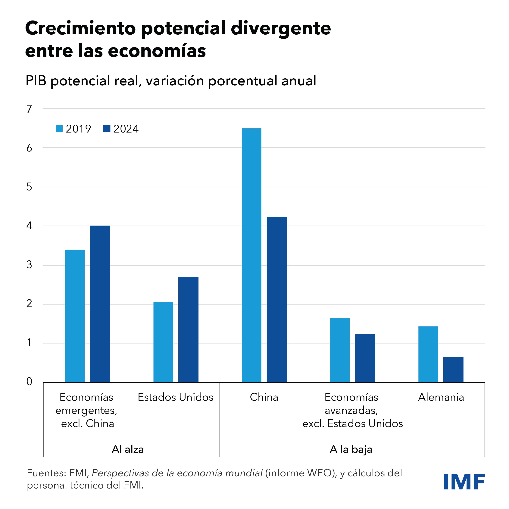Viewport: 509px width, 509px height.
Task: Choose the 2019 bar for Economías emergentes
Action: coord(75,316)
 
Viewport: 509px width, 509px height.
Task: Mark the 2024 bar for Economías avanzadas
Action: coord(365,358)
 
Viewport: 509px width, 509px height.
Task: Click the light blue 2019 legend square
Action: coord(59,129)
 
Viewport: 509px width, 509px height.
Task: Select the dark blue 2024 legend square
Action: coord(107,129)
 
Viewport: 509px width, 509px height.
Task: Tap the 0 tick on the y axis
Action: coord(29,382)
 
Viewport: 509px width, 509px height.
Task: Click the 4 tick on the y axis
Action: coord(29,226)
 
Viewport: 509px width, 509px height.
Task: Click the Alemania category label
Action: coord(441,397)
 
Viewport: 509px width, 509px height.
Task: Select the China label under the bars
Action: coord(264,397)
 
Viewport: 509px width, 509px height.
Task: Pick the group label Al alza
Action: coord(128,449)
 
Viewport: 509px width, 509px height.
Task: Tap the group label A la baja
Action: coord(351,449)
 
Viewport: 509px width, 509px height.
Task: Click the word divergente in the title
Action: coord(281,28)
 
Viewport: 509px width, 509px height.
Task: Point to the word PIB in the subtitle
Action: coord(36,81)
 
